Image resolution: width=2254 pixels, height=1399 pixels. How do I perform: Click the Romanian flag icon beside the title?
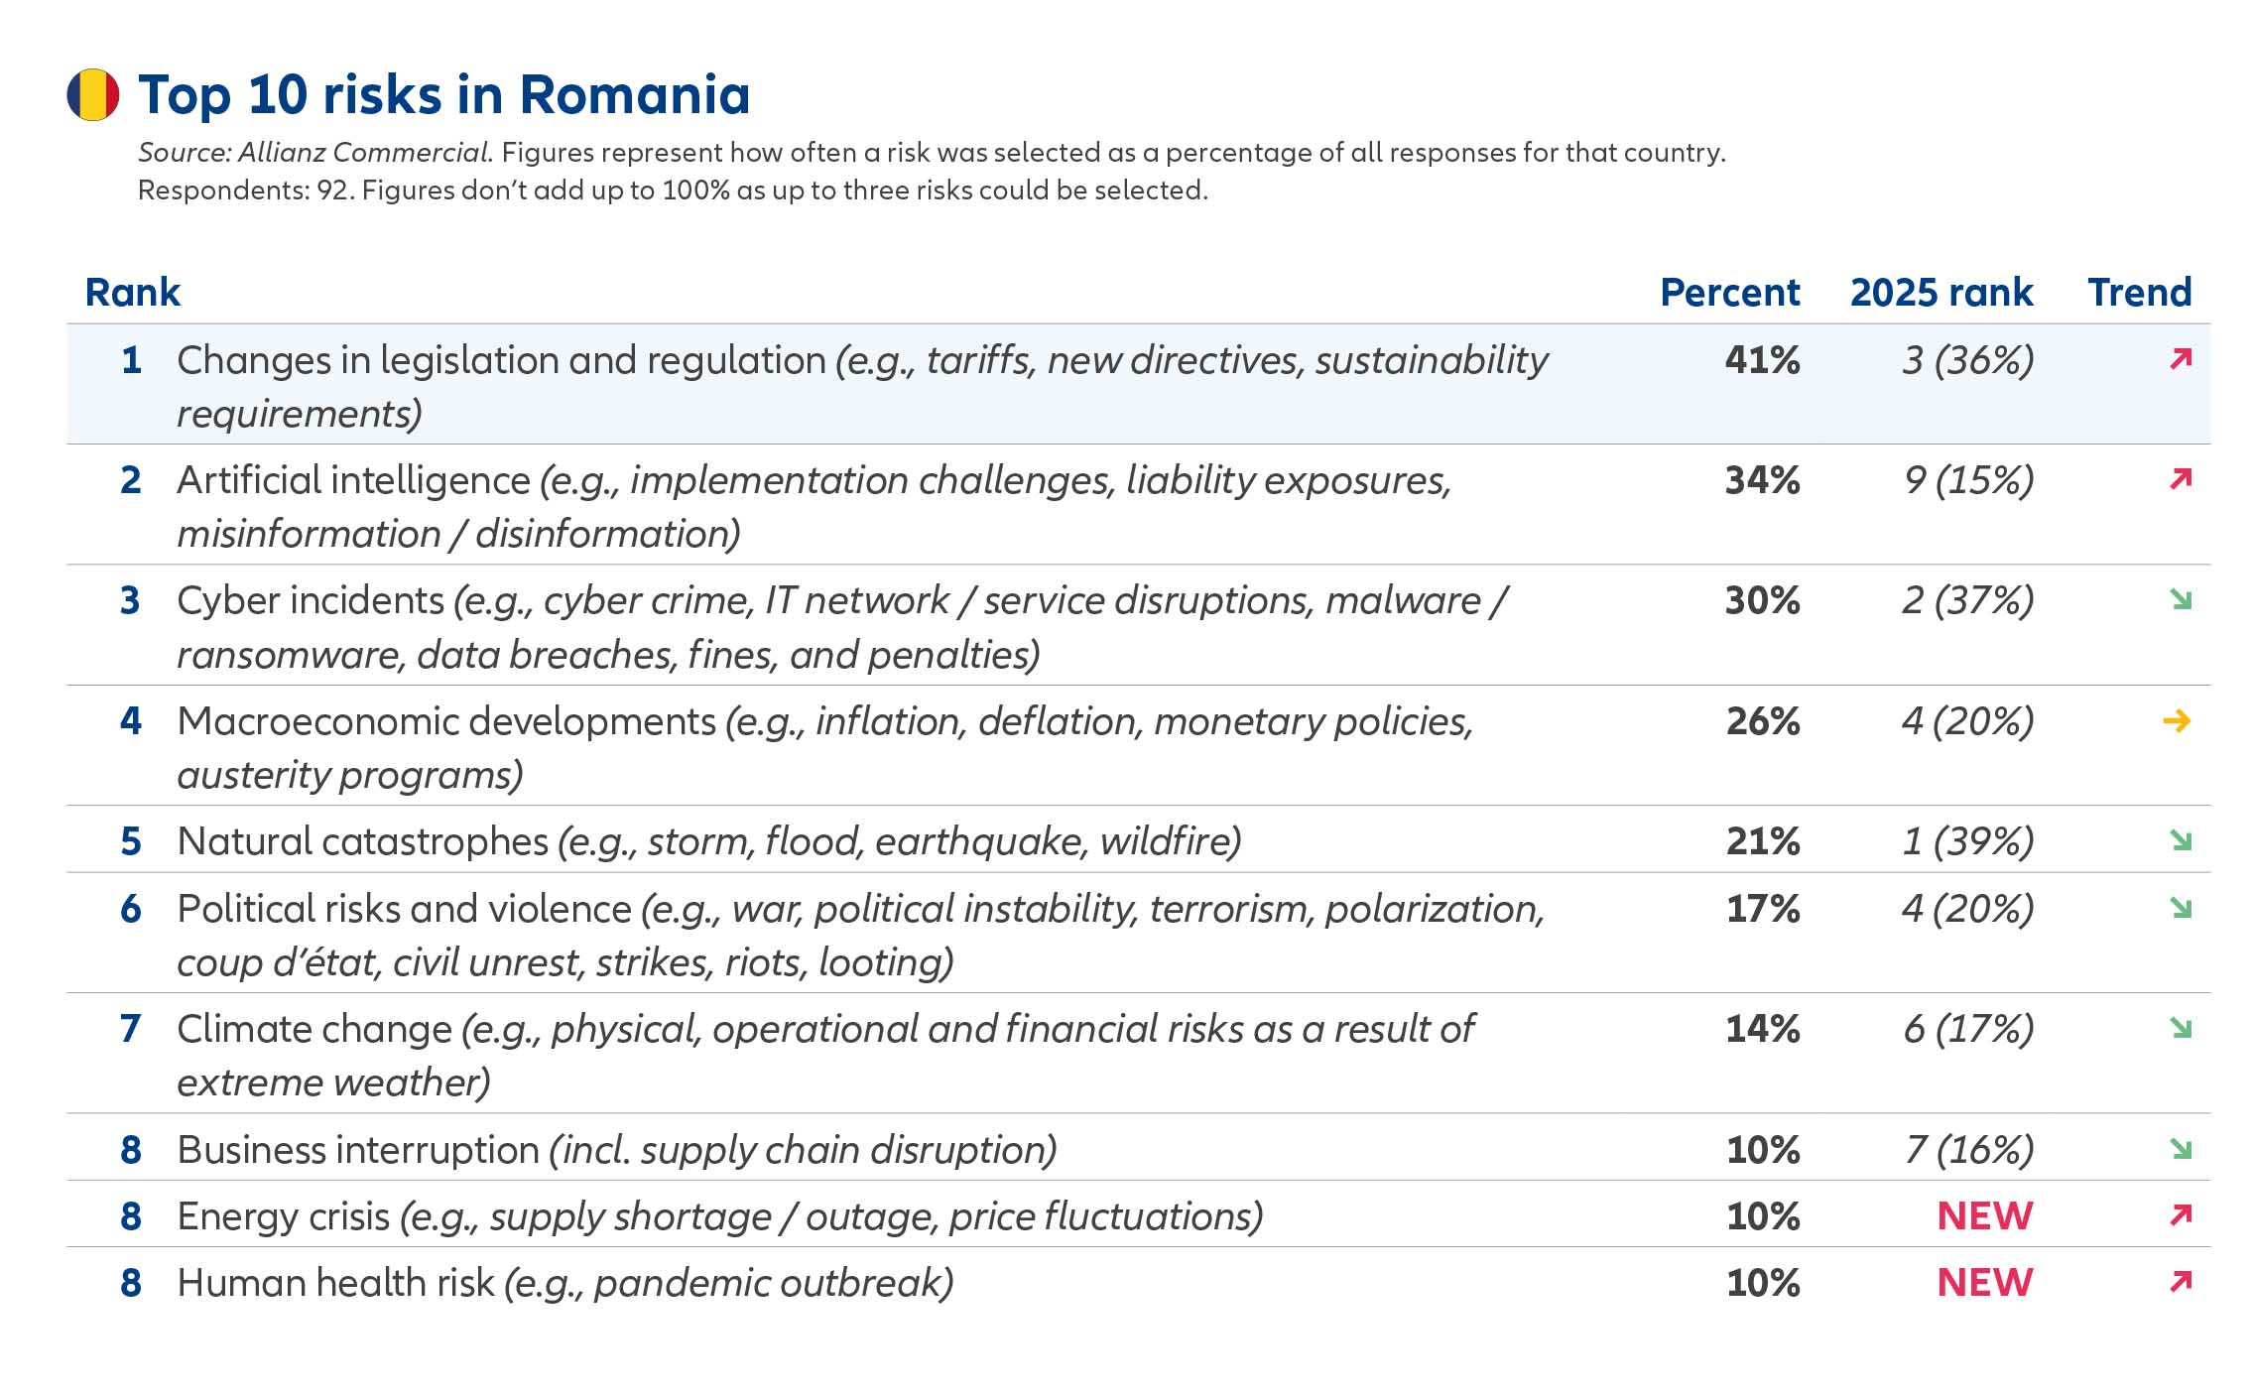[93, 95]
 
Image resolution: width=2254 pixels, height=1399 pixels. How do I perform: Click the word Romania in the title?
[634, 95]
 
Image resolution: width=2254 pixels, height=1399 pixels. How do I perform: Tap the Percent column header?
[1729, 293]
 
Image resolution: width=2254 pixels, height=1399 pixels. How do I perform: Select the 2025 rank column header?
[1941, 293]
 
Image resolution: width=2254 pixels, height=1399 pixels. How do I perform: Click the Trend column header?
[2139, 293]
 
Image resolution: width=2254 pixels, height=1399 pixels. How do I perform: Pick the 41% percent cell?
[1762, 359]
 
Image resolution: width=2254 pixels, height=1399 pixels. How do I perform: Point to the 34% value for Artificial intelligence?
[1762, 480]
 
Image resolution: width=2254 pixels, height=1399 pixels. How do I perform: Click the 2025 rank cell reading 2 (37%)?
[1967, 600]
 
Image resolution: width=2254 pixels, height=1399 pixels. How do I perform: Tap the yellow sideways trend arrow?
[2177, 721]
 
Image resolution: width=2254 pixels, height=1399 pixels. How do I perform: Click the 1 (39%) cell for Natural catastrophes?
[1967, 841]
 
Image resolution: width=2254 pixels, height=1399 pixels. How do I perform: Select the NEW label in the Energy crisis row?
[1984, 1215]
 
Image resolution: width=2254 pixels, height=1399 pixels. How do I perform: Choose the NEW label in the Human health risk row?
[1984, 1282]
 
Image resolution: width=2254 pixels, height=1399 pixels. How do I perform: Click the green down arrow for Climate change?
[2180, 1028]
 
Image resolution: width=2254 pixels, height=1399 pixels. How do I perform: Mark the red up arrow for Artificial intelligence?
[2180, 479]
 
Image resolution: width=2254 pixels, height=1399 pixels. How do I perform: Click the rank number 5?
[131, 841]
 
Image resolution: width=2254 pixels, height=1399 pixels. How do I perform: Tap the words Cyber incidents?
[311, 600]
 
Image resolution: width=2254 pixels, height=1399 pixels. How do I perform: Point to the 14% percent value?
[1762, 1029]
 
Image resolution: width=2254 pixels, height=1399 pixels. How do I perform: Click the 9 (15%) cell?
[1968, 480]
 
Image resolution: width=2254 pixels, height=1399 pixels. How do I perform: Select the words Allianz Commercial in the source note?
[363, 153]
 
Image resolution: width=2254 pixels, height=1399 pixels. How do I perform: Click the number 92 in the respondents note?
[333, 191]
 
